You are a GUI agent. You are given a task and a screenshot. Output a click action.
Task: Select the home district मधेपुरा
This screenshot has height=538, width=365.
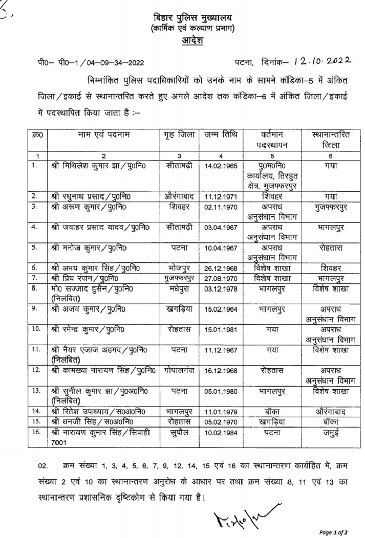180,289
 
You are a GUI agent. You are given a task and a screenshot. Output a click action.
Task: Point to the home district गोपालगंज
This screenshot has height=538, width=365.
180,369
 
